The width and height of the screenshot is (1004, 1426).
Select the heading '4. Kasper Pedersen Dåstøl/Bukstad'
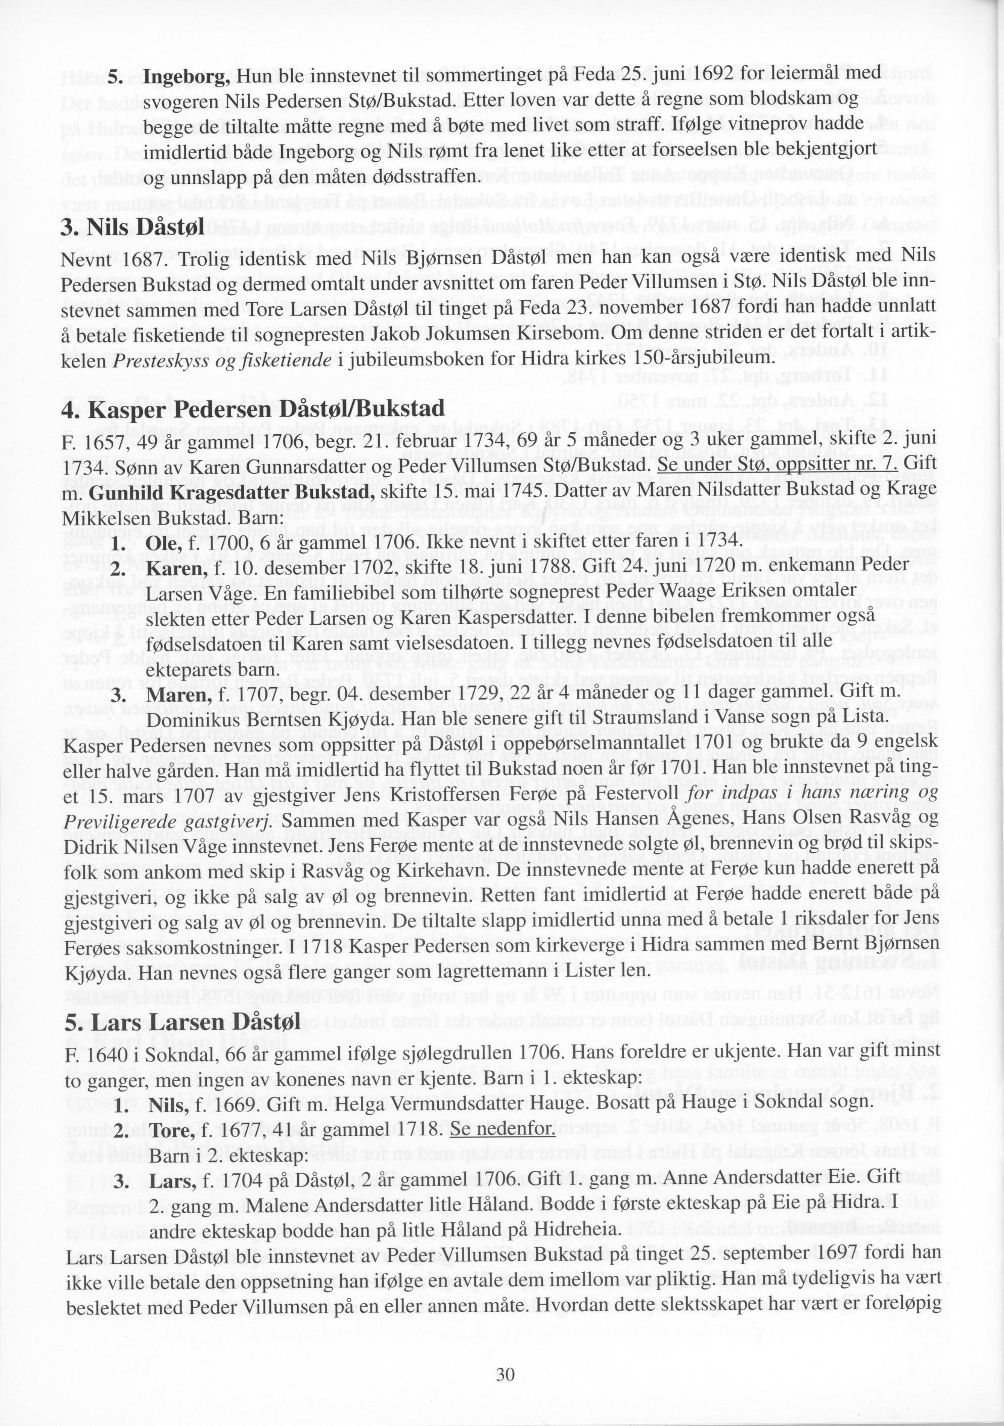(x=253, y=409)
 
